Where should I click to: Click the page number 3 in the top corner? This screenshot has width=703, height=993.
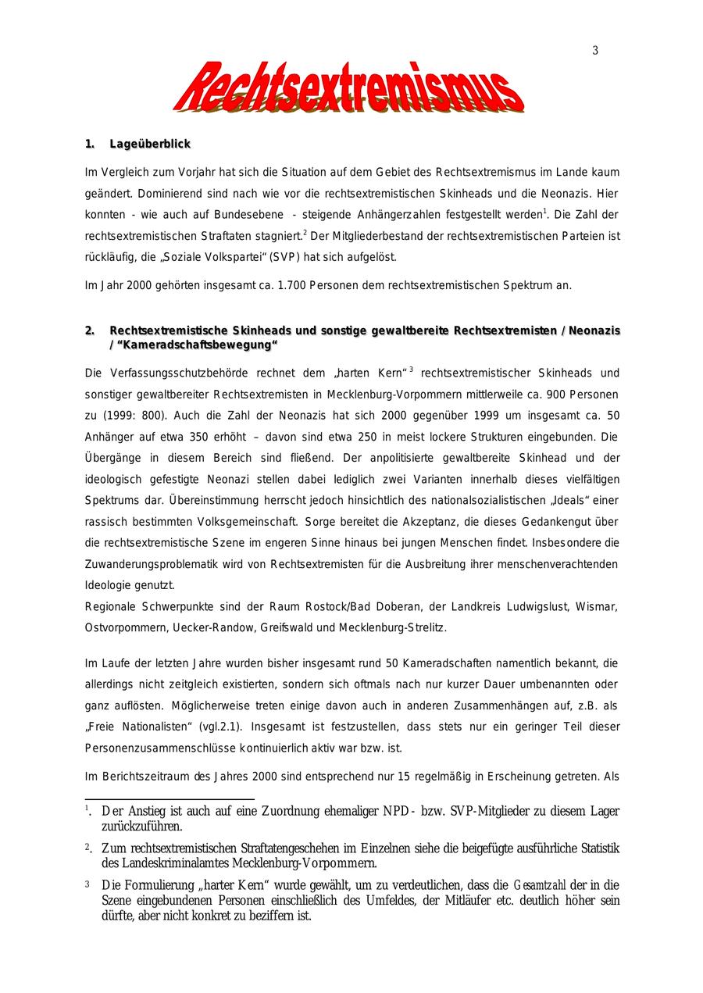[595, 51]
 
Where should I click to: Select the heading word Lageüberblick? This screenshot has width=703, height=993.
[150, 145]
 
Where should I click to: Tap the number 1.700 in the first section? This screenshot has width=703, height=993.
[292, 285]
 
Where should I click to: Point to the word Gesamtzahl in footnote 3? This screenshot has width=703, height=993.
[540, 885]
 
